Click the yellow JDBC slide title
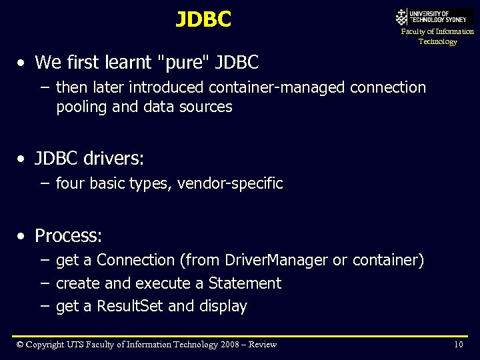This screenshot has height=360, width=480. coord(203,20)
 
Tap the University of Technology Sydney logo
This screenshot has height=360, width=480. coord(434,17)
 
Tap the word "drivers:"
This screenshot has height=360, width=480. coord(114,159)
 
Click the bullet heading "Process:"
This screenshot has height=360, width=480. coord(68,235)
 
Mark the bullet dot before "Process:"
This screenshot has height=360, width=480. coord(23,236)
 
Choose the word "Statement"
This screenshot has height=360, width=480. coord(245,283)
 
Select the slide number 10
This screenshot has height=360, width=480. coord(458,344)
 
